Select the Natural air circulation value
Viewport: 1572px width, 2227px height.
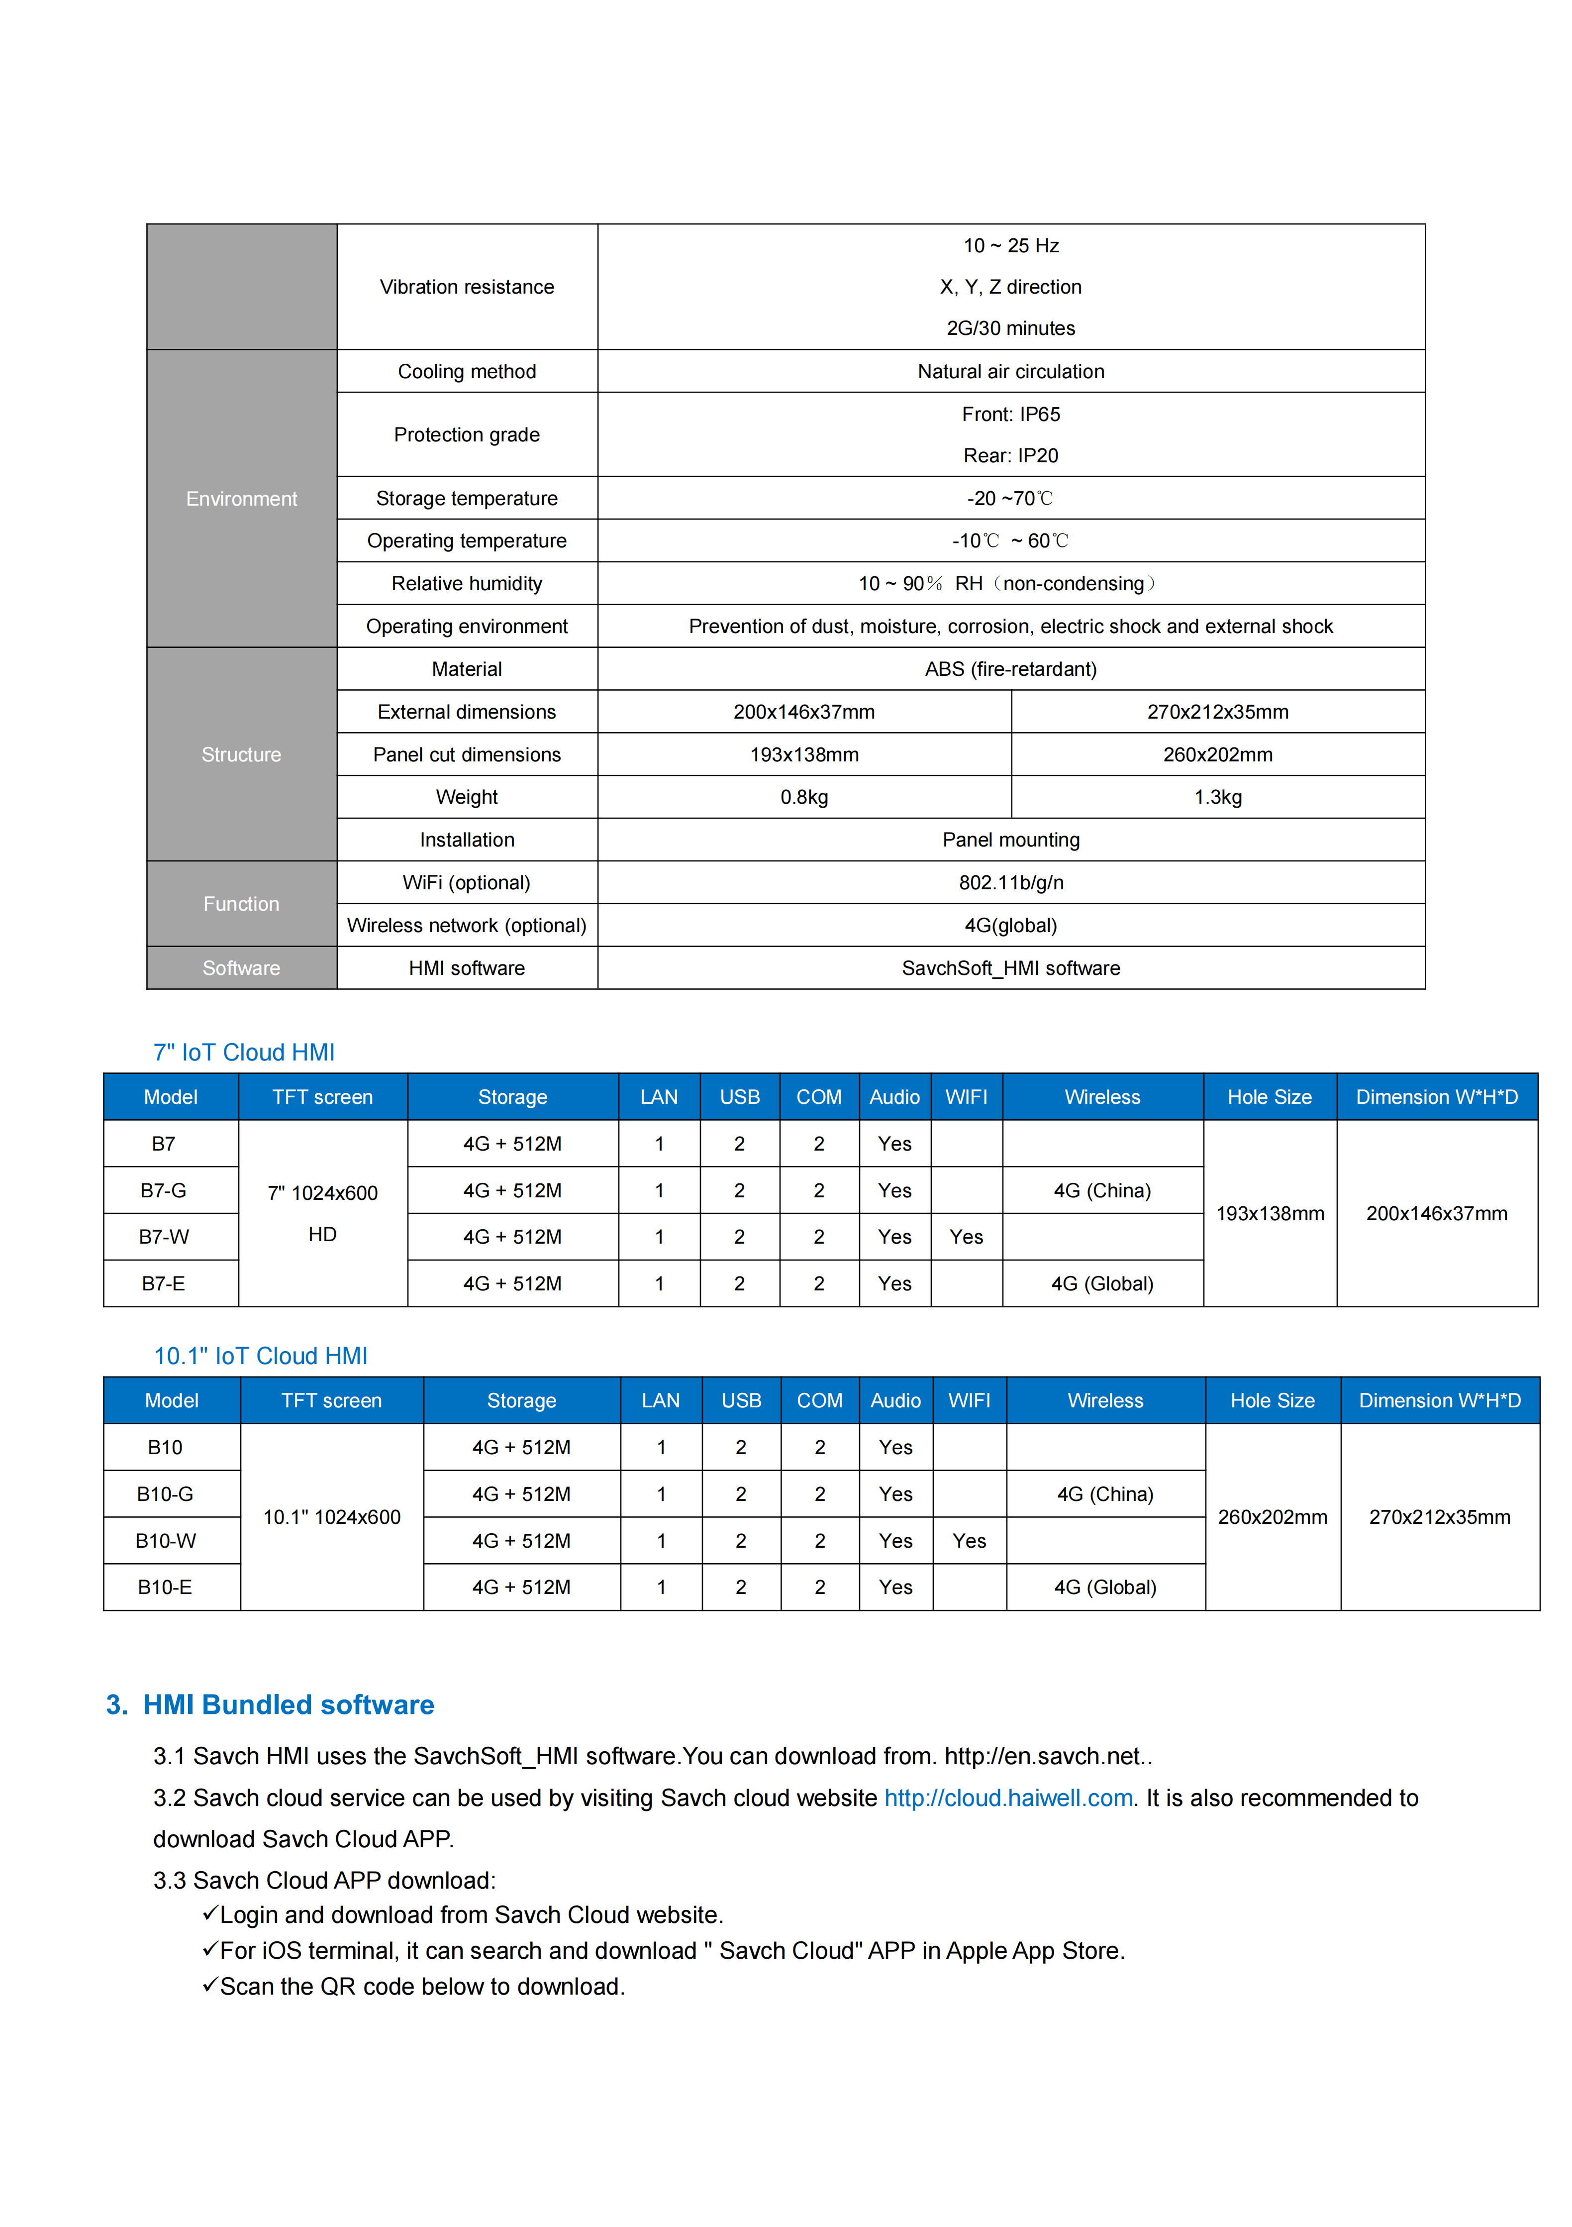(1010, 371)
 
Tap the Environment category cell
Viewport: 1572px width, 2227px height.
(241, 499)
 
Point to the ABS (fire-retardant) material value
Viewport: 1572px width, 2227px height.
(1010, 669)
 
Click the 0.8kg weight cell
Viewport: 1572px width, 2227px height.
(804, 797)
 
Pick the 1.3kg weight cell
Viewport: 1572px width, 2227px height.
(1217, 797)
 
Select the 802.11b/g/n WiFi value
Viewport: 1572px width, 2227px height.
(1010, 883)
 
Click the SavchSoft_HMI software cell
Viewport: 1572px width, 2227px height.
(1010, 968)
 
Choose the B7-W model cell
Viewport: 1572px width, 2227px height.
(164, 1237)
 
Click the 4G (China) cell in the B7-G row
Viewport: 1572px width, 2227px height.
(1102, 1190)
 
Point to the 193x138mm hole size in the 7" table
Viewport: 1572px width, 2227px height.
(1270, 1213)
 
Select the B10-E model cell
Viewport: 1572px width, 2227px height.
(165, 1587)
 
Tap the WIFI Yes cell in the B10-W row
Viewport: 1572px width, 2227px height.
(969, 1540)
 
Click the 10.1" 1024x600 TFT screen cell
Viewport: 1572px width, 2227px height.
(332, 1517)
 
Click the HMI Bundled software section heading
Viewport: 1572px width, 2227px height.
(288, 1705)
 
